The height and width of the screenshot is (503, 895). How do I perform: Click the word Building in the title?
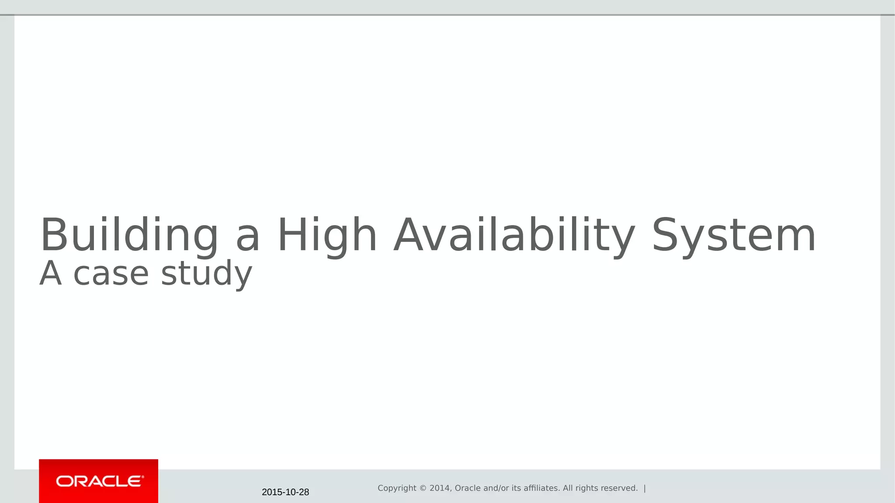[x=129, y=236]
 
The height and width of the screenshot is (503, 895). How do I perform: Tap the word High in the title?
[x=327, y=236]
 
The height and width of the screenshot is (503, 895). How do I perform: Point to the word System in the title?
[x=734, y=236]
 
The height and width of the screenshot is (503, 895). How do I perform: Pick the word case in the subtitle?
[x=111, y=274]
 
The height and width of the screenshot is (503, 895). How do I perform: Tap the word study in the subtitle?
[x=207, y=274]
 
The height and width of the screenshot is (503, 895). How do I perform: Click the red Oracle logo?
[x=99, y=481]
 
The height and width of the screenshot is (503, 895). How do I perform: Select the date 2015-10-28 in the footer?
[x=285, y=492]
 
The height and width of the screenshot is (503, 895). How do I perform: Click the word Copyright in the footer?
[x=397, y=488]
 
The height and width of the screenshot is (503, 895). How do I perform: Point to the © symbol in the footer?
[x=423, y=488]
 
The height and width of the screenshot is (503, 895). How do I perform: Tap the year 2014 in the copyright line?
[x=439, y=488]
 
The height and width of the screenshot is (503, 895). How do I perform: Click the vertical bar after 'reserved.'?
[x=645, y=488]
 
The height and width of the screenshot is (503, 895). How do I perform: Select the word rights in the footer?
[x=586, y=488]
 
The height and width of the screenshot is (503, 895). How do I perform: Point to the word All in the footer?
[x=568, y=488]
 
